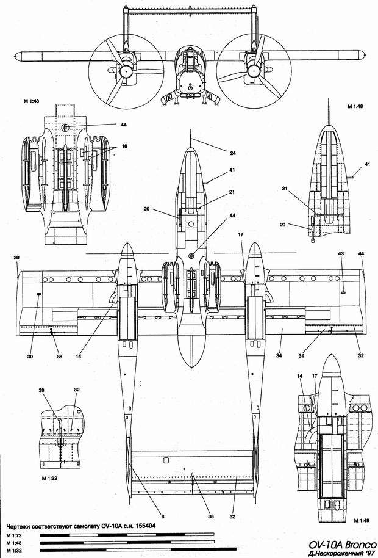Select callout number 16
click(124, 147)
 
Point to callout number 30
click(30, 356)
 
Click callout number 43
click(341, 253)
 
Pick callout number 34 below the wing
click(279, 356)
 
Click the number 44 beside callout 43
click(362, 253)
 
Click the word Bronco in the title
click(357, 545)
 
